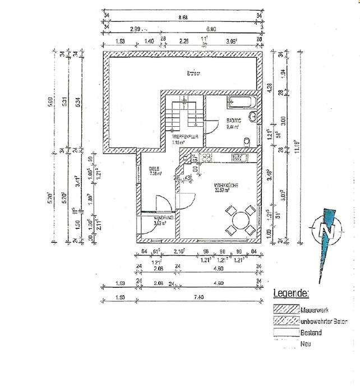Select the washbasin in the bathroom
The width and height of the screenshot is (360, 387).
coord(253,118)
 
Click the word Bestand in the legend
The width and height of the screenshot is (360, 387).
coord(311,333)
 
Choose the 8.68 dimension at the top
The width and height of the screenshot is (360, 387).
coord(183,17)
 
